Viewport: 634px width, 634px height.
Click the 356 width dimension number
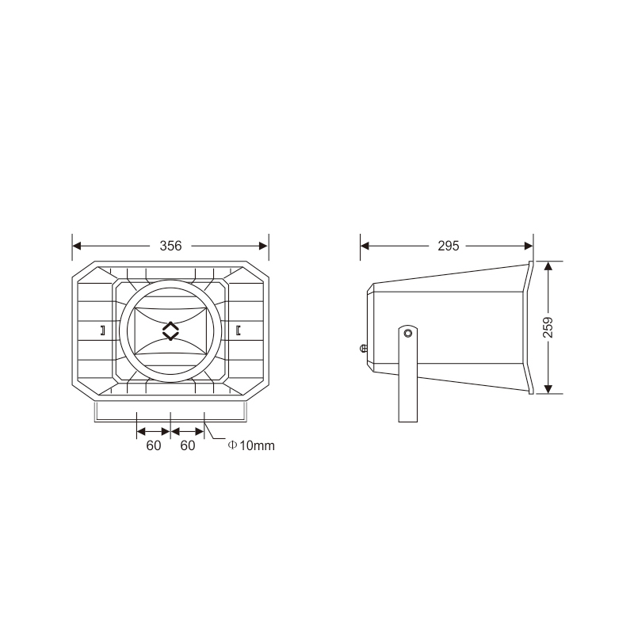click(x=170, y=246)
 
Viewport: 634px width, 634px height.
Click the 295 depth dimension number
click(x=449, y=246)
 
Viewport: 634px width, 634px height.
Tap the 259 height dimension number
click(x=548, y=327)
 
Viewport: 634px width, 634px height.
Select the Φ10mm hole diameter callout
click(x=251, y=445)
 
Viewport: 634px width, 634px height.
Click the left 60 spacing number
click(x=154, y=445)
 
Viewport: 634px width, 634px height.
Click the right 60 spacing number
click(x=188, y=445)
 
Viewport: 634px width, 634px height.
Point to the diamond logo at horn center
click(x=170, y=331)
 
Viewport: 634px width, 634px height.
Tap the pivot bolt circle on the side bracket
click(x=408, y=333)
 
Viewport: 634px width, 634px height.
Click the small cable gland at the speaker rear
click(x=364, y=348)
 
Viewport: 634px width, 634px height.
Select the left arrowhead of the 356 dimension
click(x=77, y=246)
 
